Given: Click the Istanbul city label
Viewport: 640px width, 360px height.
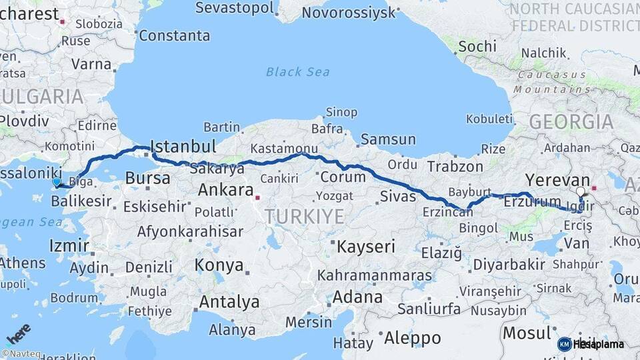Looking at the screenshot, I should [183, 147].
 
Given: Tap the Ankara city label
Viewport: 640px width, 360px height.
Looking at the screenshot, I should [225, 190].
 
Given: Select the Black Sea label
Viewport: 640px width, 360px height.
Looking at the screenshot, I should [297, 71].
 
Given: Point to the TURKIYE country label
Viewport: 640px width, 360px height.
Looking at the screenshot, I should [304, 216].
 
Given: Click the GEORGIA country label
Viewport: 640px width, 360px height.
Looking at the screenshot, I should [571, 122].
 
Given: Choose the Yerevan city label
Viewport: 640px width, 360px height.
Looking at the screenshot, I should [557, 180].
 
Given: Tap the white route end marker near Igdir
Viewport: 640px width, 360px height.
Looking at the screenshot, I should [580, 192].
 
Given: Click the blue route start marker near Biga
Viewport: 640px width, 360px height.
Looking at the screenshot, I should [57, 182].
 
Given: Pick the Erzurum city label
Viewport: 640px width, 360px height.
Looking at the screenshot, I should [533, 202].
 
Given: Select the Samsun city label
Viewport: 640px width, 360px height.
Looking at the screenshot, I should [388, 140].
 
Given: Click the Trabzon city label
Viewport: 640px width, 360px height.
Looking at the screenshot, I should [455, 167].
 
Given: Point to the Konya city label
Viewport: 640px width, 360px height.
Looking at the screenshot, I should [219, 265].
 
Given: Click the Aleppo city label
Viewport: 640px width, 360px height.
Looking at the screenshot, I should [412, 337].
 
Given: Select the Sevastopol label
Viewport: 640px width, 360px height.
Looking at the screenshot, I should [235, 8].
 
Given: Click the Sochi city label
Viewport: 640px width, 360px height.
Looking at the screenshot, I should [477, 46].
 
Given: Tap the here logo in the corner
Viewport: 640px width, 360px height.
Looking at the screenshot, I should [18, 333].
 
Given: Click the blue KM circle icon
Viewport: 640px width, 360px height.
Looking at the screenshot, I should [564, 344].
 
